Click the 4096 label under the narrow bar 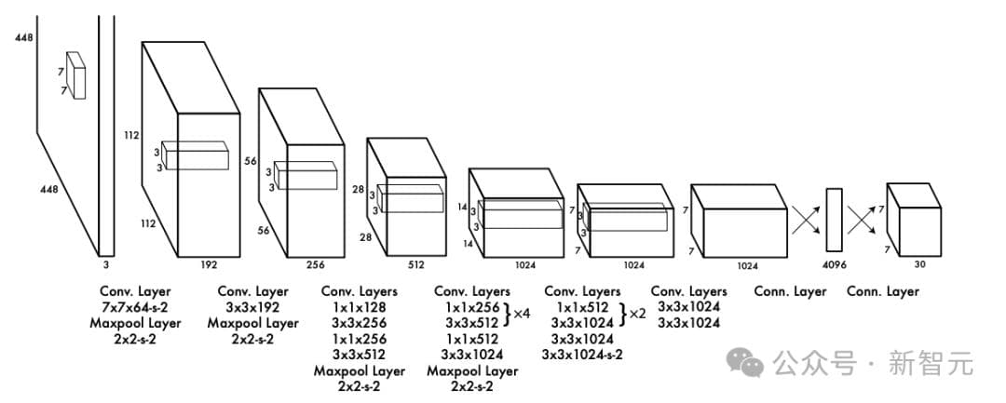click(x=834, y=264)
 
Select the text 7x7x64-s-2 click(x=135, y=307)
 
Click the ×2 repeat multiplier click(x=637, y=314)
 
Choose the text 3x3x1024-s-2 click(x=582, y=355)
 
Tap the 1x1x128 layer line click(x=358, y=307)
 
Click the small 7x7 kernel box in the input click(x=75, y=75)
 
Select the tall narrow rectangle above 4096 click(x=834, y=219)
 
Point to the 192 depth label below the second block click(x=209, y=264)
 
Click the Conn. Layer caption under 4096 click(x=790, y=291)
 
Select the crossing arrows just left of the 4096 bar click(x=804, y=220)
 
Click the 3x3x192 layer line click(x=251, y=307)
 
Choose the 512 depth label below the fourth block click(x=415, y=264)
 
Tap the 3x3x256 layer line click(x=358, y=323)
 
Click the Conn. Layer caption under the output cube click(x=882, y=291)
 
